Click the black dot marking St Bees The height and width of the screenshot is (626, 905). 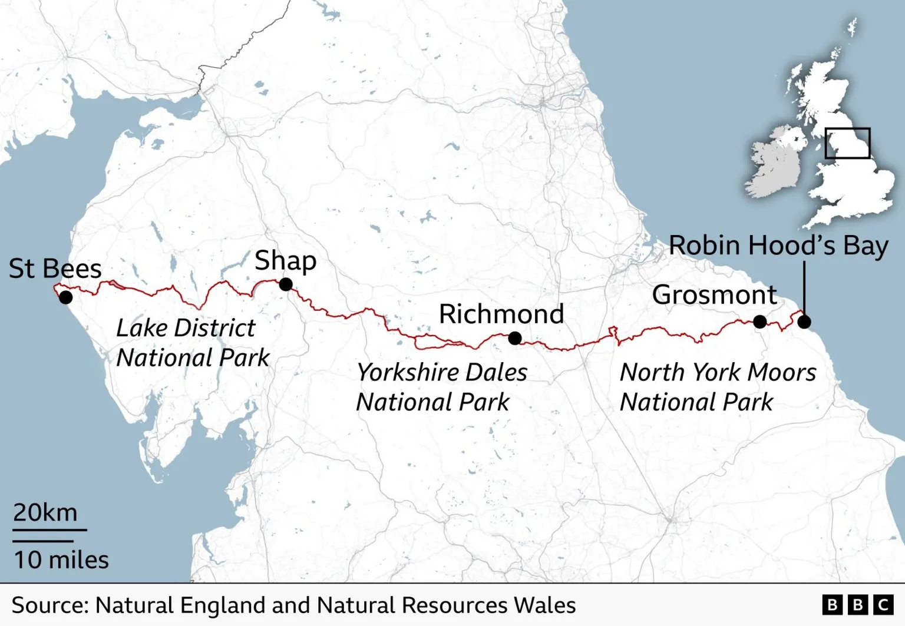pos(66,297)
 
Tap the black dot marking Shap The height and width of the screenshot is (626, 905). pos(286,284)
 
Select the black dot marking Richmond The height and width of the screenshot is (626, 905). pos(515,338)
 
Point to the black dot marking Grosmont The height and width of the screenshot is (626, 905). pos(760,322)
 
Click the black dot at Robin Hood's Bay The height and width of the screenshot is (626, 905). pos(804,322)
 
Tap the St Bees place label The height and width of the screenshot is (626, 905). pos(55,269)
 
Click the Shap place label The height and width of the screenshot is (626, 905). pos(285,260)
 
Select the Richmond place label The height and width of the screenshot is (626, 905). pos(501,314)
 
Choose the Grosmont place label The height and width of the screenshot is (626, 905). pos(715,294)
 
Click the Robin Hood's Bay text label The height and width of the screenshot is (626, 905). pos(778,246)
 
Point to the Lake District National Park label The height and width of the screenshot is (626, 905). pos(192,343)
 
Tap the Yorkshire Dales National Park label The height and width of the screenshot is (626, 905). pos(441,387)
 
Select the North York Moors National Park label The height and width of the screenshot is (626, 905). pos(718,387)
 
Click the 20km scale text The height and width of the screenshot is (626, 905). pos(45,512)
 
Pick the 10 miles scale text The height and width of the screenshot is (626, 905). pos(61,559)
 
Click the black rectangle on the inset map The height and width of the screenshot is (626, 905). pos(847,143)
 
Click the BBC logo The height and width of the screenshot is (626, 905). pos(858,605)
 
